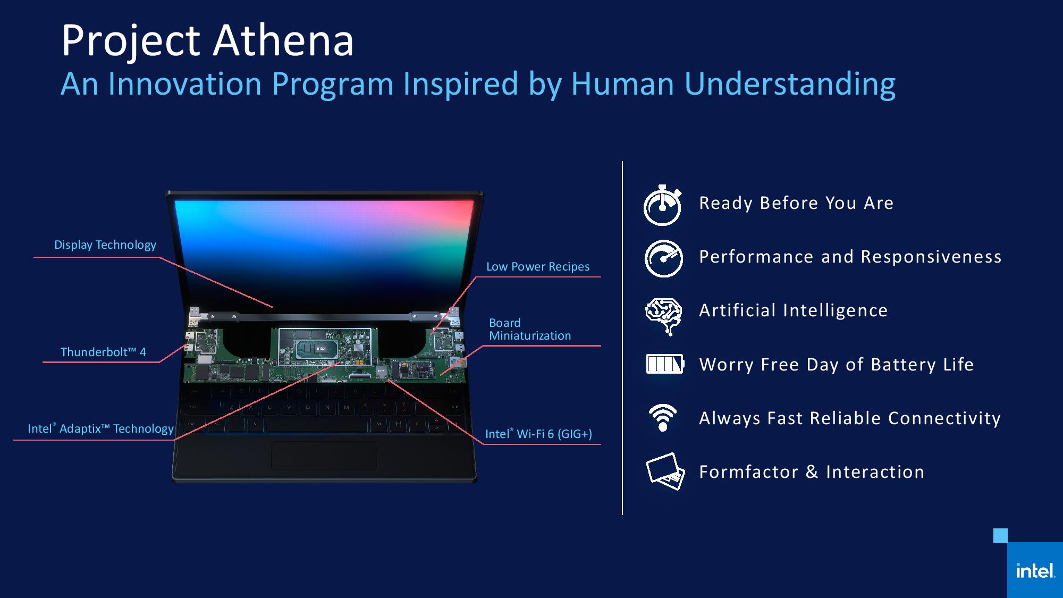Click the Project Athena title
point(207,41)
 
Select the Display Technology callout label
point(105,245)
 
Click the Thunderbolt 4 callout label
point(103,352)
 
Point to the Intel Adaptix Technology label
point(100,428)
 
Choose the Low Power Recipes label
point(538,267)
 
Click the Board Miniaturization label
point(530,330)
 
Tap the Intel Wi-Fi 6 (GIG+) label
point(538,434)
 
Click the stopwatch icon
point(662,205)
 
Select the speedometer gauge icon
point(663,258)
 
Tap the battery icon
point(665,364)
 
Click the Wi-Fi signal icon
point(663,417)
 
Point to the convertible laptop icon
point(665,471)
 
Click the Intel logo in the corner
point(1035,570)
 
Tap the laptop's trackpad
point(324,456)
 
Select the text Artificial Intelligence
point(793,310)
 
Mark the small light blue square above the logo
point(1000,535)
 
